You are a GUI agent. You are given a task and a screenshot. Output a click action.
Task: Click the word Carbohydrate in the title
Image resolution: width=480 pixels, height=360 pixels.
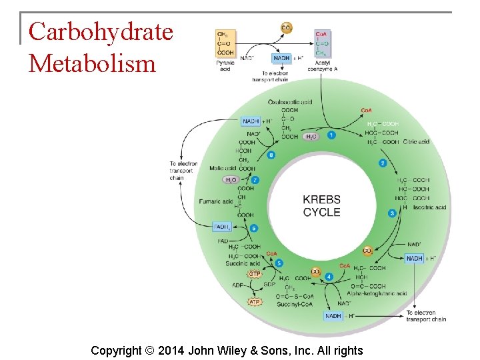click(101, 31)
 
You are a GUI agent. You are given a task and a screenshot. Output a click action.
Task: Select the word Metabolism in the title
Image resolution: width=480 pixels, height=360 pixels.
click(92, 63)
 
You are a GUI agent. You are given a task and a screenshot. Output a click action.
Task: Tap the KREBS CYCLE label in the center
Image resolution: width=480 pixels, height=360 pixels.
click(321, 206)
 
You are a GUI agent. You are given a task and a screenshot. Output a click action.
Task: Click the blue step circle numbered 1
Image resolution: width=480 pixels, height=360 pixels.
click(331, 135)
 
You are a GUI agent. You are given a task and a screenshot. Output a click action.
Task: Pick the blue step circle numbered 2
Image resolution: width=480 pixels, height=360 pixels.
click(383, 163)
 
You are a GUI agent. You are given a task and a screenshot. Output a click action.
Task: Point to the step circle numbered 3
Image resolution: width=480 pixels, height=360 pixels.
click(392, 213)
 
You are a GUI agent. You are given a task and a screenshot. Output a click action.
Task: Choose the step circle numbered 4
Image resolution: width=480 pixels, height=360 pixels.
click(329, 277)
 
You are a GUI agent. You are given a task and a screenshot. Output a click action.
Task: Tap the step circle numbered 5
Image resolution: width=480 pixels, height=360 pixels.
click(279, 263)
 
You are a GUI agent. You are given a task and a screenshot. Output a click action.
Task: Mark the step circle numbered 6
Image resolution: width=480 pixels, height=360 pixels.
click(254, 229)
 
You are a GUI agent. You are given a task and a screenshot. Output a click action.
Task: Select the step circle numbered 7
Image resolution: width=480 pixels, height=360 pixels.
click(255, 180)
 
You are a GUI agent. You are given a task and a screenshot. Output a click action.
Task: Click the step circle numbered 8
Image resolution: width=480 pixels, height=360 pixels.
click(271, 155)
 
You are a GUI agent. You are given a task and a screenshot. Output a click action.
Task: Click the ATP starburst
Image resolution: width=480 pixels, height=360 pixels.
click(255, 302)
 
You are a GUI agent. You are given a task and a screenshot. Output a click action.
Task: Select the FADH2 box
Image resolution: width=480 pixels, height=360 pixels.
click(222, 227)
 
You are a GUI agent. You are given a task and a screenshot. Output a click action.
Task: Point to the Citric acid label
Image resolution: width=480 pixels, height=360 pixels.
click(416, 142)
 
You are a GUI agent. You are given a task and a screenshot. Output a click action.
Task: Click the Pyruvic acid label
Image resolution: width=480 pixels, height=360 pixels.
click(225, 66)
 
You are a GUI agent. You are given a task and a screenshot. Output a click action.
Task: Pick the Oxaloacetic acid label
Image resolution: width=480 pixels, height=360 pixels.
click(290, 102)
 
